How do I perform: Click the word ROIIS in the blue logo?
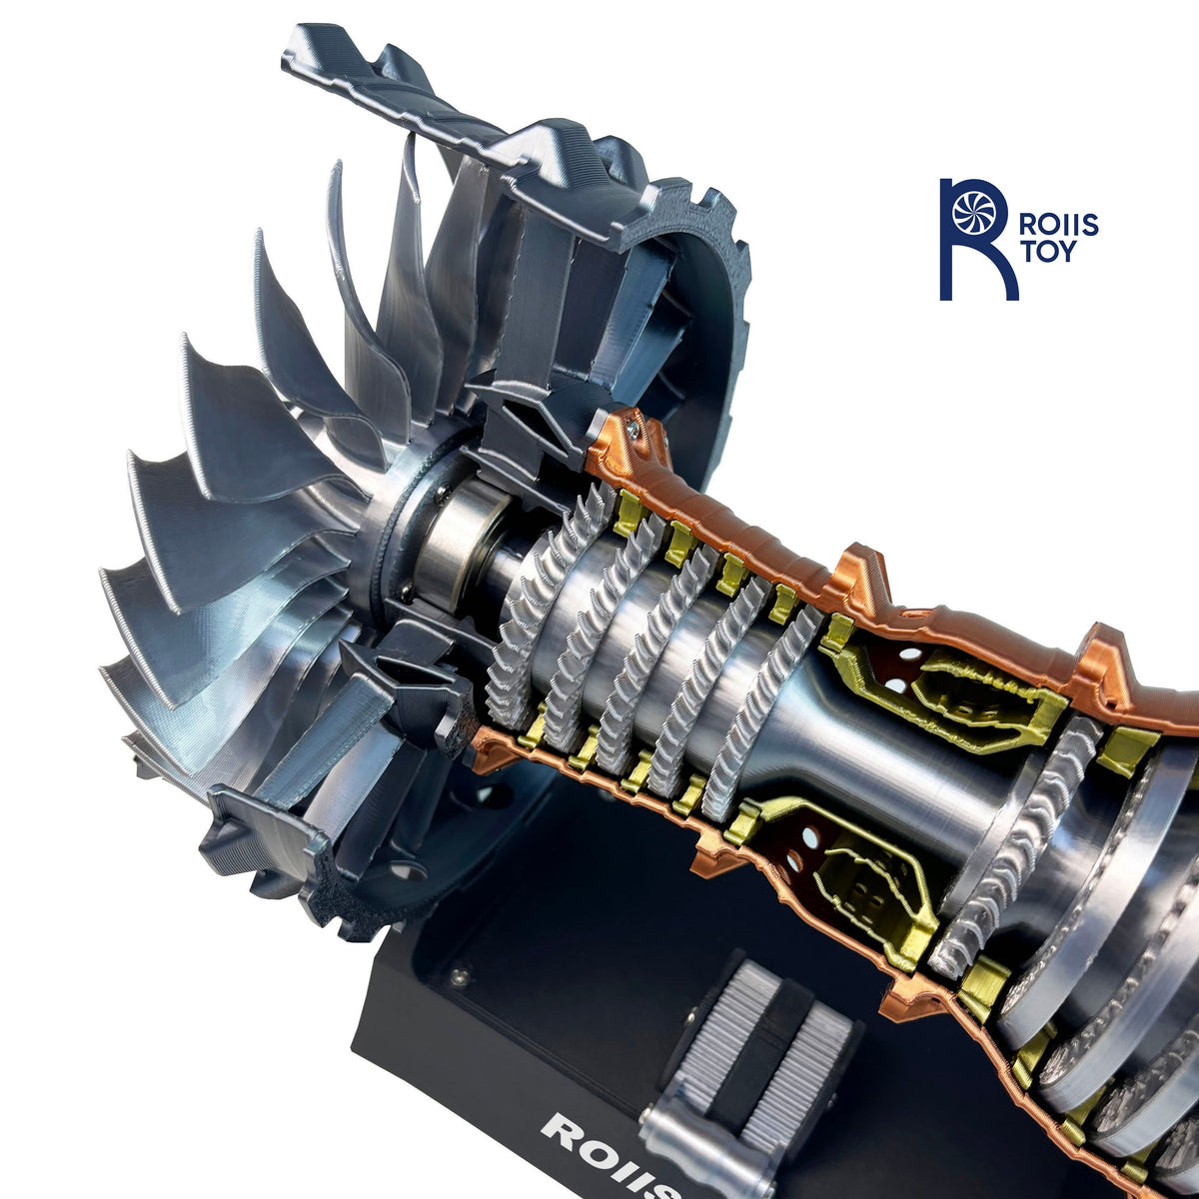(1057, 224)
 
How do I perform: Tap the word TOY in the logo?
(1046, 252)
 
